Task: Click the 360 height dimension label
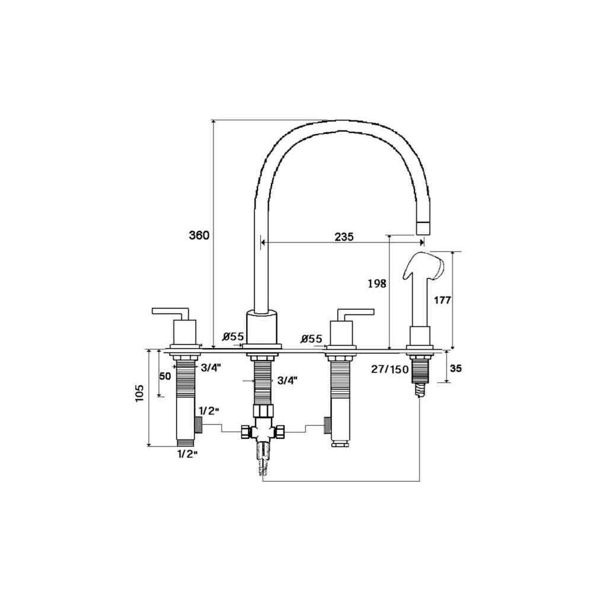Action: [199, 235]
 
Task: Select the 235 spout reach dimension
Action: [344, 237]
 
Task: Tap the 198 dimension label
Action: [377, 283]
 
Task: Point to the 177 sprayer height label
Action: [442, 300]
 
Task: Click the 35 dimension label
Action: [456, 368]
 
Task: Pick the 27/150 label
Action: [390, 369]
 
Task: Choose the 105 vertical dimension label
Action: [139, 393]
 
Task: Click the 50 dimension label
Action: [165, 377]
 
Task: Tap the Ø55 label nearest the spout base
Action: [233, 336]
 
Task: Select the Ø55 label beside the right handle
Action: [312, 339]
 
